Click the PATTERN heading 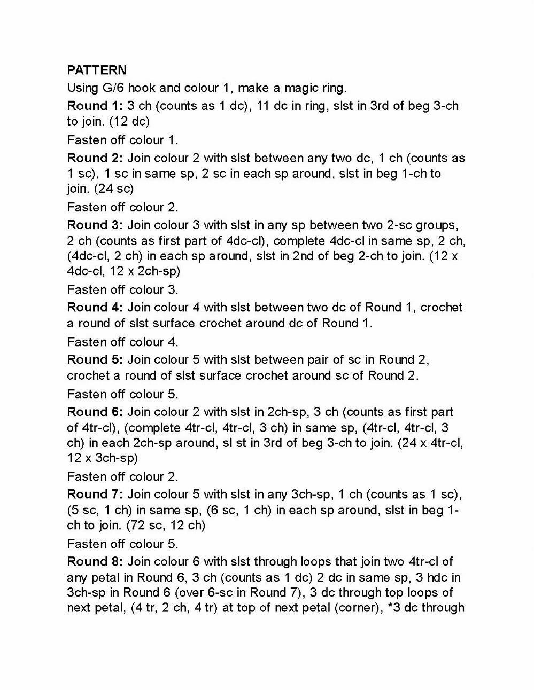[x=97, y=70]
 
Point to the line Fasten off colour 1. [x=122, y=140]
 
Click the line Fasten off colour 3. [x=122, y=290]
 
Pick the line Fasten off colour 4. [x=122, y=342]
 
